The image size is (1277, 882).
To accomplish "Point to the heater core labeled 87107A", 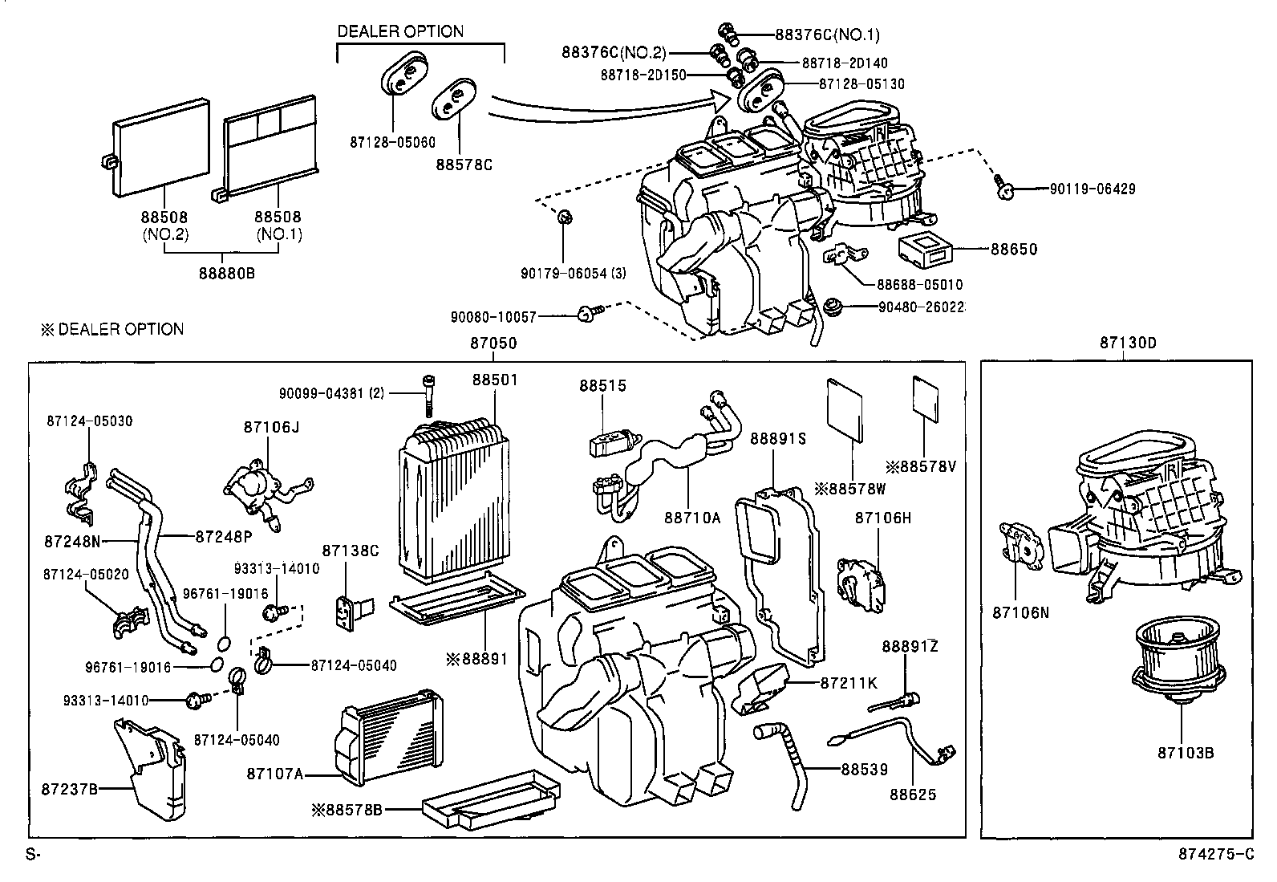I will [390, 737].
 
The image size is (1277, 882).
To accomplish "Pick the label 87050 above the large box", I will [493, 343].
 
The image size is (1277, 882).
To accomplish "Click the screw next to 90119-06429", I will [1002, 186].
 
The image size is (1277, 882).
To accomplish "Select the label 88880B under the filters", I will [227, 273].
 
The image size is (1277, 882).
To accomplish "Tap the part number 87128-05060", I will [392, 143].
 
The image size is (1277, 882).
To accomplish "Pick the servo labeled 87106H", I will [861, 584].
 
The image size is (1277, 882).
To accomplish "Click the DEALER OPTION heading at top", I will [399, 32].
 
